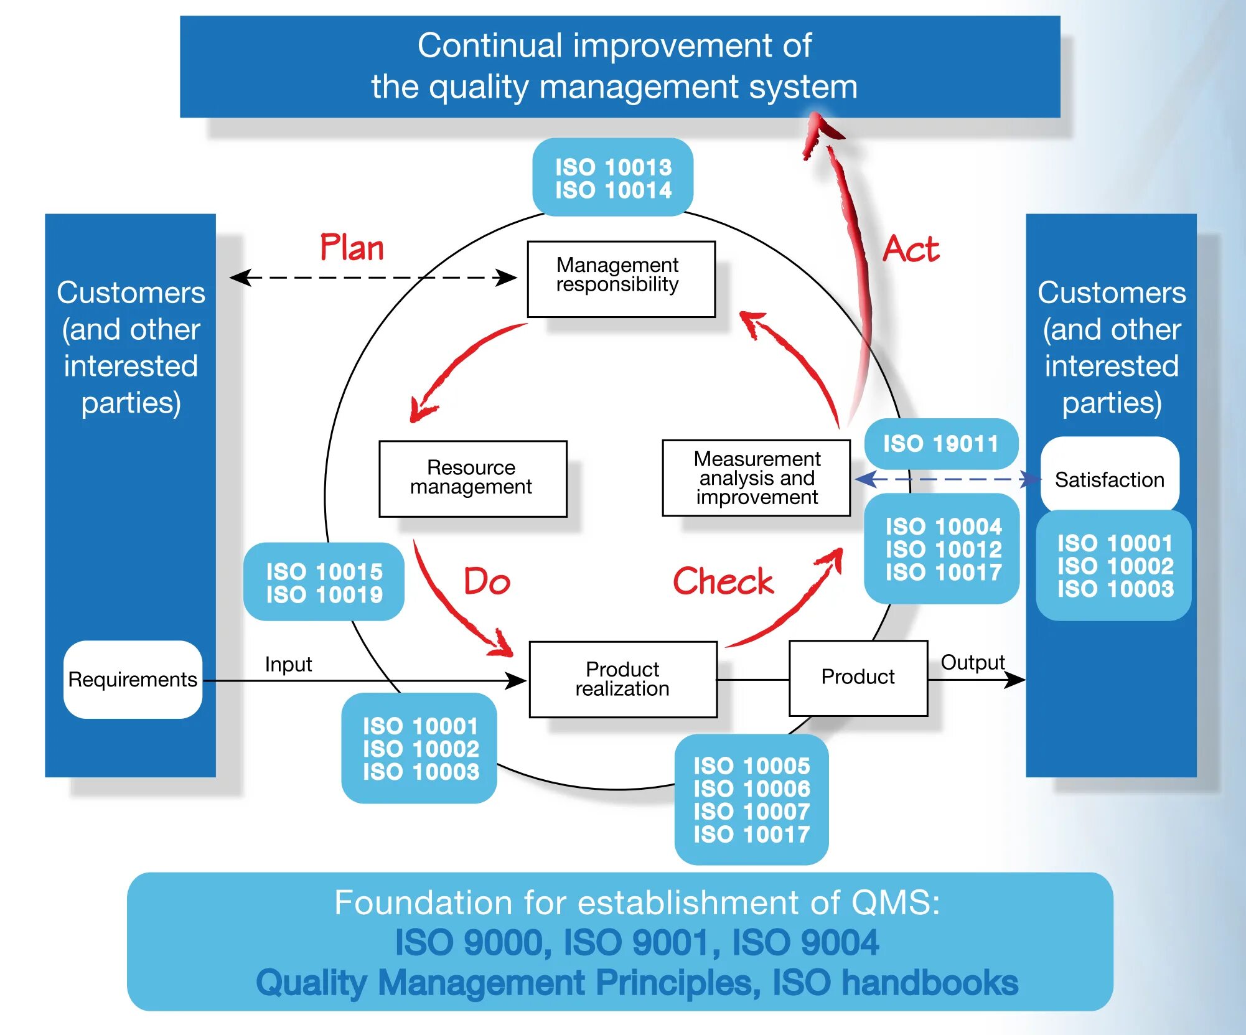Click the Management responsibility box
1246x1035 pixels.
tap(621, 279)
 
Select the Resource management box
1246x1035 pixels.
tap(473, 479)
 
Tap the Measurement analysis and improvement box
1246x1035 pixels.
tap(756, 478)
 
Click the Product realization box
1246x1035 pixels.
tap(623, 679)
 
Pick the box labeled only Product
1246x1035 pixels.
tap(858, 678)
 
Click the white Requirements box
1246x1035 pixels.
tap(133, 679)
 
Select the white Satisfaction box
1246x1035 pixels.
tap(1110, 479)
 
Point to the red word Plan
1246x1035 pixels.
tap(352, 248)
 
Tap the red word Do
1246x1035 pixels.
tap(487, 582)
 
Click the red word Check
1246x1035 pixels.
tap(723, 581)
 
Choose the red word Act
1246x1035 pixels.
tap(911, 249)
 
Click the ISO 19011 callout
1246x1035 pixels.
tap(941, 444)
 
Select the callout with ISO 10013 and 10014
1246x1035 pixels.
tap(613, 177)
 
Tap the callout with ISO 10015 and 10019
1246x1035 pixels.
tap(324, 582)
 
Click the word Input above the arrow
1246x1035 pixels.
tap(288, 665)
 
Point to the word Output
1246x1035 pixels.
tap(973, 663)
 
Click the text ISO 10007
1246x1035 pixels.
tap(752, 812)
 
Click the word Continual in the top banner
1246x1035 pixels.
tap(490, 45)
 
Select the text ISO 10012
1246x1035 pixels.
tap(944, 550)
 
